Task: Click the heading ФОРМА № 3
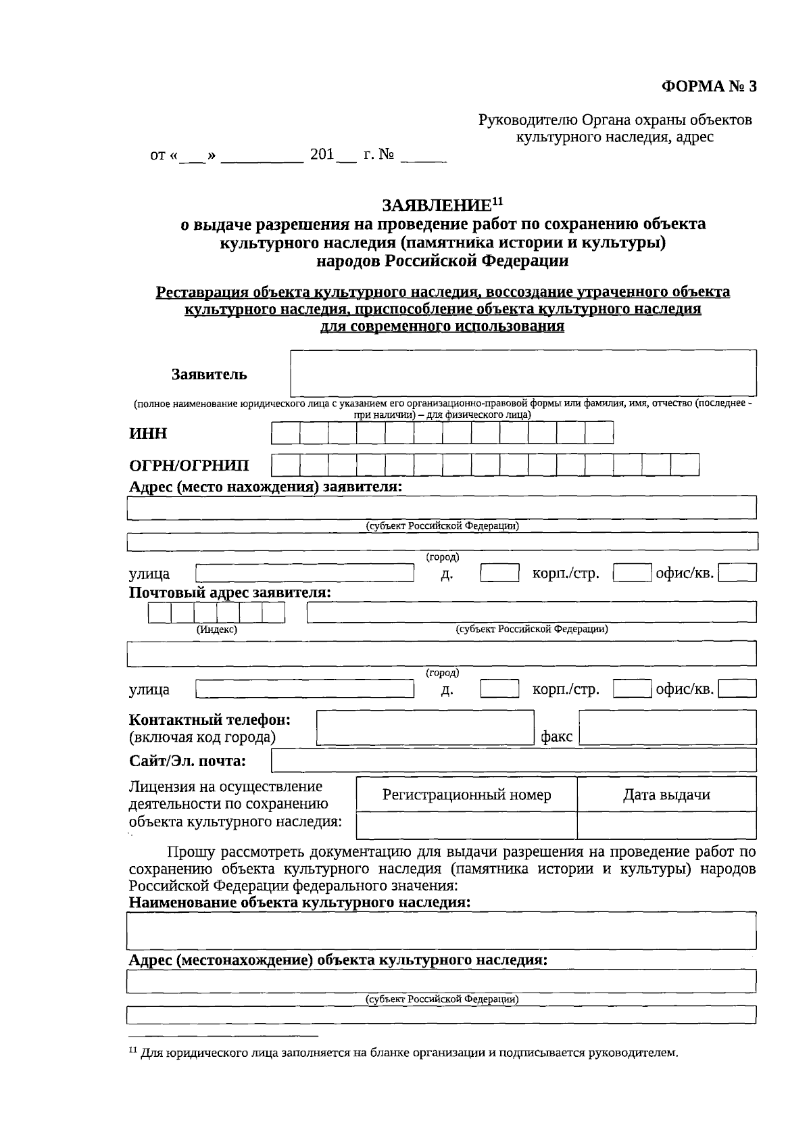pos(708,87)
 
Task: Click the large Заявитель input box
pos(523,373)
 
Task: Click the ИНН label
pos(148,433)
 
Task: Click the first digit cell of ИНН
pos(285,433)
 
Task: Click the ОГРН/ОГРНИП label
pos(189,465)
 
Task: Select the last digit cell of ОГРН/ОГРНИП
pos(685,465)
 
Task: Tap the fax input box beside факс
pos(668,727)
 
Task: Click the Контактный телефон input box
pos(425,727)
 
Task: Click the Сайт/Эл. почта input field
pos(514,761)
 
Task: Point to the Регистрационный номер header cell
pos(466,794)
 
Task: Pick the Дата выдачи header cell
pos(666,794)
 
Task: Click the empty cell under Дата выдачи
pos(666,825)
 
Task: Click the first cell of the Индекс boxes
pos(159,613)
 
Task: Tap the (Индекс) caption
pos(216,629)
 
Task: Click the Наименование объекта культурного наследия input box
pos(441,930)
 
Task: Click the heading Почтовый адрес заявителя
pos(230,593)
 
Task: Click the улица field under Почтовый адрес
pos(304,689)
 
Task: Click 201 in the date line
pos(322,155)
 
